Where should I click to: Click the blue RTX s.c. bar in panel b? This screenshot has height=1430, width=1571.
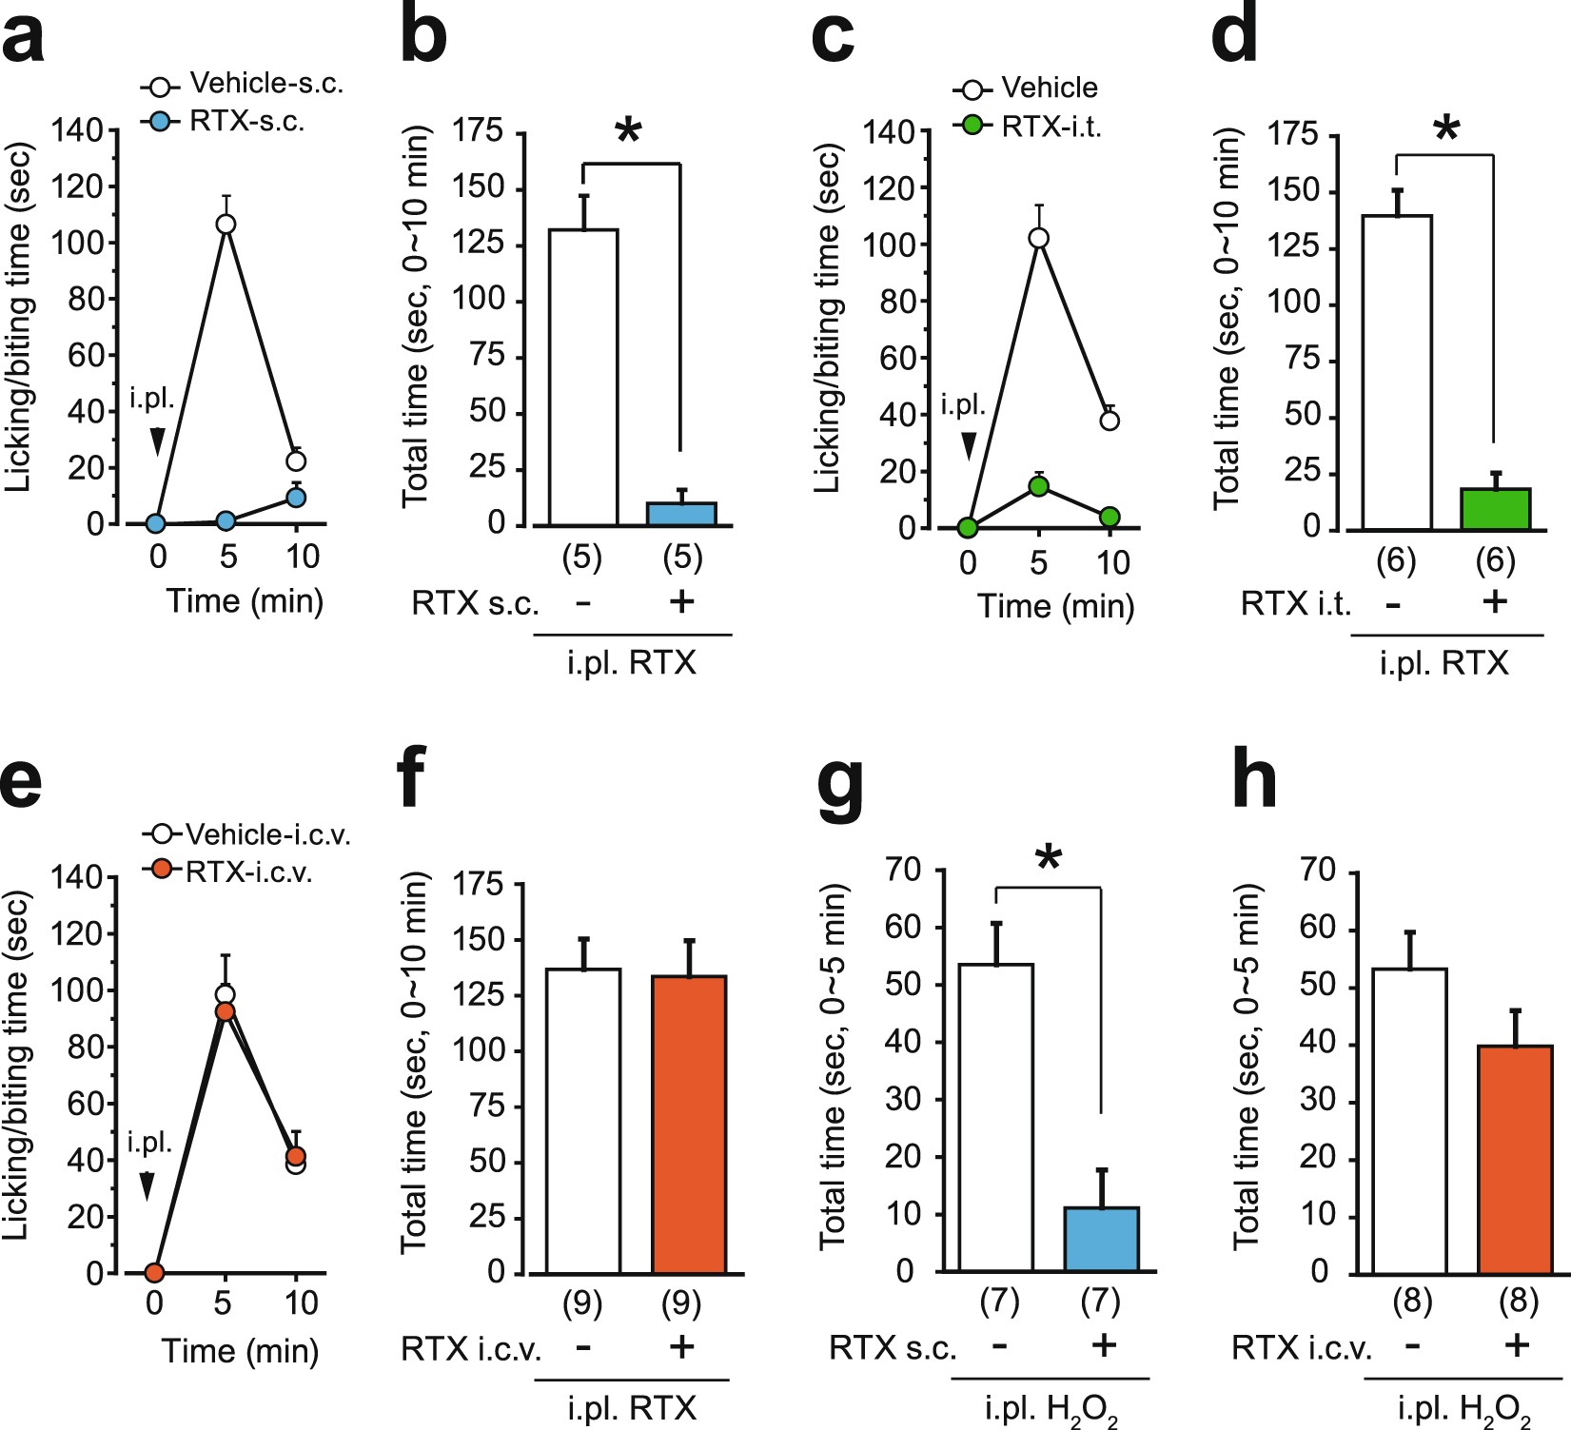[681, 514]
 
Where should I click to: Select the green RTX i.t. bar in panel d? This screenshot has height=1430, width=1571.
[1495, 509]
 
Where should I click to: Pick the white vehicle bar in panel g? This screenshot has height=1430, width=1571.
[995, 1118]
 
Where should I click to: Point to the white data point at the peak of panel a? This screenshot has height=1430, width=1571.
[226, 225]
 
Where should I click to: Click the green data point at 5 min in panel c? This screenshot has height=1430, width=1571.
[1038, 486]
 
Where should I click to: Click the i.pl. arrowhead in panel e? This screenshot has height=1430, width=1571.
[147, 1185]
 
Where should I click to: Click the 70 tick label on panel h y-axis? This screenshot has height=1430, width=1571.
[1318, 870]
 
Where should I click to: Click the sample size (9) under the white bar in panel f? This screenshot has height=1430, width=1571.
[582, 1303]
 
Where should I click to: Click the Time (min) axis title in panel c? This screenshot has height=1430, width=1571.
[1056, 606]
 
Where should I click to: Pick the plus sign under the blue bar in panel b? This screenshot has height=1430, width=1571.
[681, 601]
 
